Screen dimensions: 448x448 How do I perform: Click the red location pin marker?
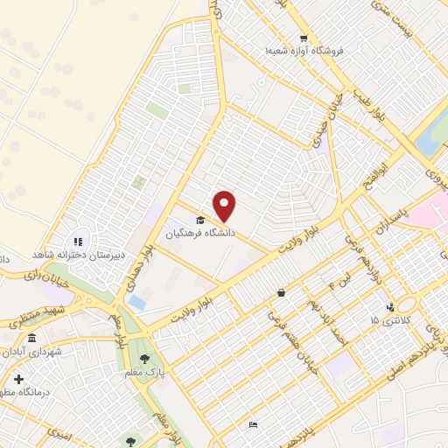(x=226, y=206)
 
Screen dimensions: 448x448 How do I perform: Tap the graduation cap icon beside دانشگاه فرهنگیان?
(x=199, y=220)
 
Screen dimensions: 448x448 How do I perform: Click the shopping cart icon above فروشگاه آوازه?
(x=303, y=38)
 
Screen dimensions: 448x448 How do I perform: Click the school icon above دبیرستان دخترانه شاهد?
(x=77, y=241)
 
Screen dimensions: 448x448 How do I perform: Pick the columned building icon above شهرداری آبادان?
(x=32, y=339)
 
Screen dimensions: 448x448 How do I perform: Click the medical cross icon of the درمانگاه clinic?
(x=18, y=379)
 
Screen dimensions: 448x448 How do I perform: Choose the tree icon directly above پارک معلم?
(x=144, y=358)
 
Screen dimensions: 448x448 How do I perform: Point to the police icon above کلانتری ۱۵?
(x=390, y=307)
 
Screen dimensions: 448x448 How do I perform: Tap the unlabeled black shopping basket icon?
(x=280, y=293)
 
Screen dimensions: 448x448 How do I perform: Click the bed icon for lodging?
(x=254, y=424)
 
